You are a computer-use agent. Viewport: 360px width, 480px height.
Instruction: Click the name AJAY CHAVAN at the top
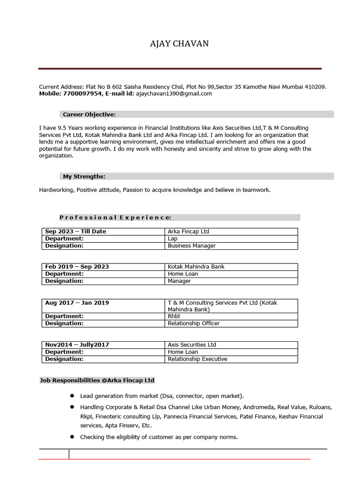[179, 44]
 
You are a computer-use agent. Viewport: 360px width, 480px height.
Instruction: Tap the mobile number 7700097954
[85, 94]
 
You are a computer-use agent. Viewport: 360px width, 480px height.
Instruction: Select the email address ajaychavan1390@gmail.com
[174, 94]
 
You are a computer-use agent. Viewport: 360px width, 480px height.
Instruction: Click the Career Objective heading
[89, 114]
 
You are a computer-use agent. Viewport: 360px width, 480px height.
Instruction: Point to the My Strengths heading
[84, 177]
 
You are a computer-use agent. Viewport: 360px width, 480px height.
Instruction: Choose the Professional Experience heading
[115, 217]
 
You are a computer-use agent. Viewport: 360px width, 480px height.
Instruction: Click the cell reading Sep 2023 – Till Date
[75, 232]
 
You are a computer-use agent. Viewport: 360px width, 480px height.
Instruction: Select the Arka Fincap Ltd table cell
[188, 232]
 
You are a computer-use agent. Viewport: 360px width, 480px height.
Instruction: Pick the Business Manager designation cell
[192, 246]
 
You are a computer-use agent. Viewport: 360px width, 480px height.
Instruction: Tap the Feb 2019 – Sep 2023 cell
[77, 267]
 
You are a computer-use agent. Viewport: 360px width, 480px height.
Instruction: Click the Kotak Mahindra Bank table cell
[196, 267]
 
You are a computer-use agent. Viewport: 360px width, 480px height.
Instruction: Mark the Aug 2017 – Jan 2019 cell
[77, 303]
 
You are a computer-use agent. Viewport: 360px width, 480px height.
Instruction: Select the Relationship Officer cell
[194, 323]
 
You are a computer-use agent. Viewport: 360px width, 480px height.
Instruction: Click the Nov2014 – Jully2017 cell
[77, 345]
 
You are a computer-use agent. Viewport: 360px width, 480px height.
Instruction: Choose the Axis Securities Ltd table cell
[192, 345]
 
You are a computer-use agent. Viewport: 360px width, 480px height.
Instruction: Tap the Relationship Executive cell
[197, 359]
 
